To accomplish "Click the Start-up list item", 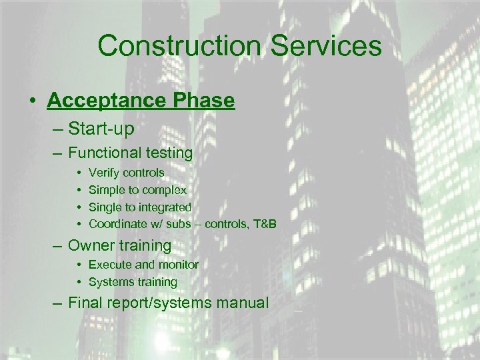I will pos(101,127).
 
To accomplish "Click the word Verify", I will pos(103,173).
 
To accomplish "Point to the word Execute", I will pos(109,265).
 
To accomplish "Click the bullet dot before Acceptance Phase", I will pos(32,101).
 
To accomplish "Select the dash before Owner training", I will pos(55,245).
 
